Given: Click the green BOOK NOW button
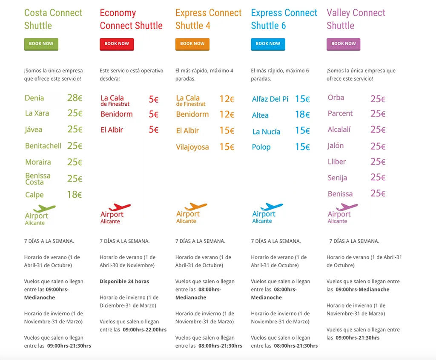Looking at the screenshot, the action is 41,44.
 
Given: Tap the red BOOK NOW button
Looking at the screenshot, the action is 117,44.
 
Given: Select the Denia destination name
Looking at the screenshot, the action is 34,98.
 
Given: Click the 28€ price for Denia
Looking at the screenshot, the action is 75,98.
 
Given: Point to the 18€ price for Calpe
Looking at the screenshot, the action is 75,194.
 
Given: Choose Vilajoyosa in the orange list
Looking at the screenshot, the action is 192,147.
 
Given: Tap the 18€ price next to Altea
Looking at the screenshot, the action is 303,114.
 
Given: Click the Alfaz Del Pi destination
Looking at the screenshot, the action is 270,99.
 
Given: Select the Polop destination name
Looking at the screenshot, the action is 261,147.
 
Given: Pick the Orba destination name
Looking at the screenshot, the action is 336,98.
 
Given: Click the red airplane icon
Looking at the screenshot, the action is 120,207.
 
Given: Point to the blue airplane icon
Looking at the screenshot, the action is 271,207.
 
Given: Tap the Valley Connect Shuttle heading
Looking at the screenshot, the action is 356,19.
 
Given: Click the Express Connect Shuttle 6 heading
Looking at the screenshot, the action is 284,19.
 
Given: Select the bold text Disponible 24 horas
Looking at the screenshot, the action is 124,281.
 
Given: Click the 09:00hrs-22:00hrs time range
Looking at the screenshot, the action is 145,330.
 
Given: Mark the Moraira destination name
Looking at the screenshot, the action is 38,162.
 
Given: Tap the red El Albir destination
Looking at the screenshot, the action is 112,130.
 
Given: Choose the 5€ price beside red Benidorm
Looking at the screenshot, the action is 153,114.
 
